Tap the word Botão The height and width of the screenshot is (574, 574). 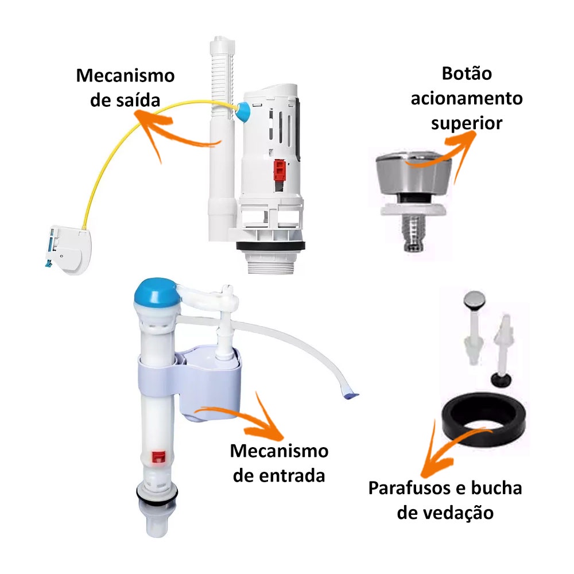(x=467, y=74)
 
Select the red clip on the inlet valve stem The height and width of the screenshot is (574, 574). (x=157, y=457)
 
